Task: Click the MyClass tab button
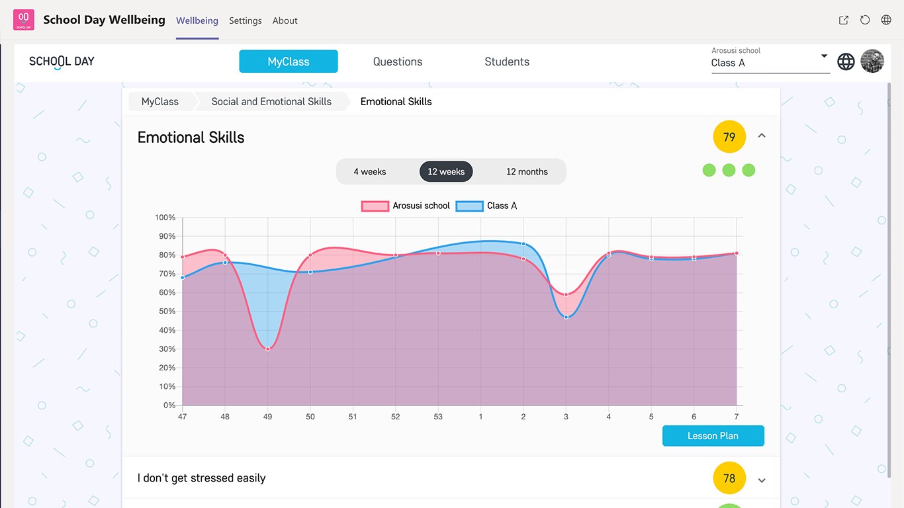pyautogui.click(x=289, y=62)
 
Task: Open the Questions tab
pyautogui.click(x=398, y=62)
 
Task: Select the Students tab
pyautogui.click(x=507, y=62)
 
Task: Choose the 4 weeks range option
pyautogui.click(x=370, y=171)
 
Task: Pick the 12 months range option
pyautogui.click(x=527, y=171)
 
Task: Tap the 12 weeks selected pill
pyautogui.click(x=446, y=171)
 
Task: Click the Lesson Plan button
pyautogui.click(x=713, y=436)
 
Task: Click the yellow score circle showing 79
pyautogui.click(x=729, y=137)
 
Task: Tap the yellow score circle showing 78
pyautogui.click(x=729, y=478)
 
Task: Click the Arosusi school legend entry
pyautogui.click(x=406, y=206)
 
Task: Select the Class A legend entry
pyautogui.click(x=486, y=206)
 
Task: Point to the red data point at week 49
pyautogui.click(x=268, y=349)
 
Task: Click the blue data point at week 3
pyautogui.click(x=566, y=317)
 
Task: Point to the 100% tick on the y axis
pyautogui.click(x=165, y=218)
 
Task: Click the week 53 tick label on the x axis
pyautogui.click(x=438, y=417)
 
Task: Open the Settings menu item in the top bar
pyautogui.click(x=246, y=21)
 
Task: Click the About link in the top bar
pyautogui.click(x=285, y=21)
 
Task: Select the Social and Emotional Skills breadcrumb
pyautogui.click(x=271, y=101)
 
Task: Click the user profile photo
pyautogui.click(x=872, y=62)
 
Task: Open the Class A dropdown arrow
pyautogui.click(x=824, y=56)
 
